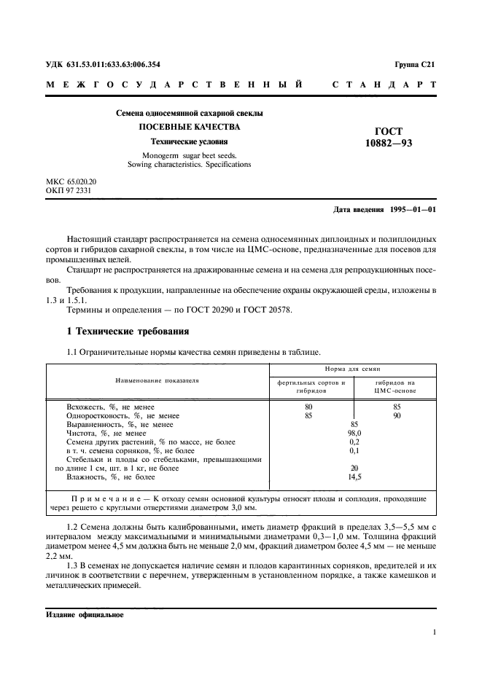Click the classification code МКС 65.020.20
coord(71,181)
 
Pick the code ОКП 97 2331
coord(69,190)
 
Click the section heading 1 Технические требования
coord(128,332)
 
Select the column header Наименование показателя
coord(157,380)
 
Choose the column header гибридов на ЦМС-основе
coord(394,386)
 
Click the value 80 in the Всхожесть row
coord(308,406)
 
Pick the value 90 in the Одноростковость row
coord(396,415)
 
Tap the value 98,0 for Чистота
coord(354,433)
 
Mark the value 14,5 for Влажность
coord(354,477)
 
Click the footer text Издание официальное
coord(85,614)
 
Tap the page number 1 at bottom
coord(434,632)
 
